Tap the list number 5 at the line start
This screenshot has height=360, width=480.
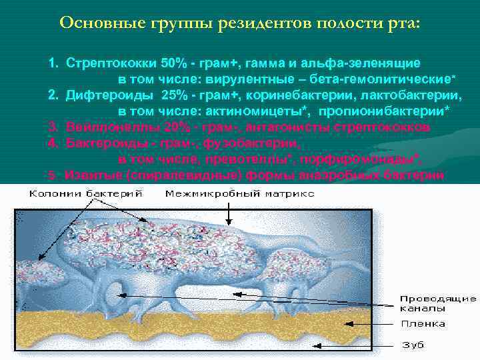tap(51, 175)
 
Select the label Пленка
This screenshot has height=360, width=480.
tap(423, 325)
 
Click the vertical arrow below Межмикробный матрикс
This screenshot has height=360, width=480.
tap(231, 213)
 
